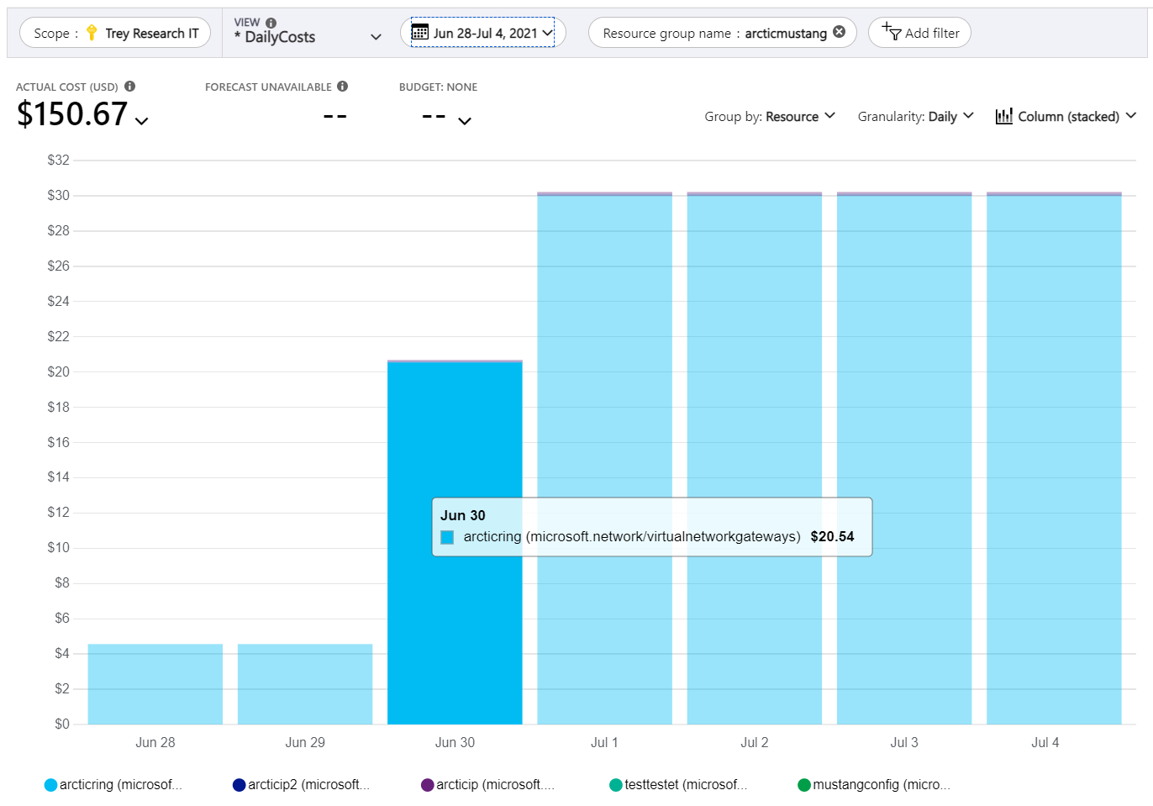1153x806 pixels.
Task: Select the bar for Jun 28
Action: [155, 684]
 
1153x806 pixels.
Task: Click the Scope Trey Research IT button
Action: [116, 33]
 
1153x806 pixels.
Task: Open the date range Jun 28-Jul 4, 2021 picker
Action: [483, 33]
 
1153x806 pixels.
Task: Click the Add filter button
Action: [920, 33]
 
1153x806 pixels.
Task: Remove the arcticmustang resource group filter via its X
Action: [839, 32]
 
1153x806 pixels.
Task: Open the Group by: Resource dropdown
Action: [770, 116]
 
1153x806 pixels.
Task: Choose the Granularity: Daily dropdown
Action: [915, 116]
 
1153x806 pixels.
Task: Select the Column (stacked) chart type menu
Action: [1066, 116]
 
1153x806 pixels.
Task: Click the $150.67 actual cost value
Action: [73, 114]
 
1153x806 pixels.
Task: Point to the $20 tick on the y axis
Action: [59, 371]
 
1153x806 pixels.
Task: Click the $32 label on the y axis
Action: [59, 160]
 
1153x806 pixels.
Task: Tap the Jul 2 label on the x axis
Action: [755, 742]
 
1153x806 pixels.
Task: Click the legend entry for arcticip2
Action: [301, 784]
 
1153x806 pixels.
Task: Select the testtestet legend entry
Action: [678, 784]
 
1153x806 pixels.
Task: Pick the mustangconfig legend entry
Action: [874, 784]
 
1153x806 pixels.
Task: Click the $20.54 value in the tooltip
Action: [832, 536]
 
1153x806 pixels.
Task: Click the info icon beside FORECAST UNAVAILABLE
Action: [343, 86]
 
